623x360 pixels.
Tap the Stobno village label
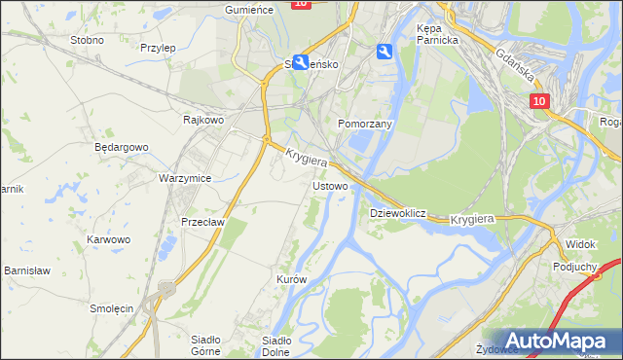(x=87, y=41)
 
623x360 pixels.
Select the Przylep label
(x=157, y=47)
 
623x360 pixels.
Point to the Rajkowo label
(x=203, y=120)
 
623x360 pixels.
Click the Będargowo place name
(x=121, y=147)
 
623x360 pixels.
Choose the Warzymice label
(x=185, y=178)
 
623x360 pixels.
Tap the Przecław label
(x=202, y=221)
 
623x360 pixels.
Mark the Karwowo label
(x=108, y=238)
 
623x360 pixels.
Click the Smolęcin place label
(x=111, y=307)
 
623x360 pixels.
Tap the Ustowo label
(x=329, y=185)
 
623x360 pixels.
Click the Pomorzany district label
(x=364, y=125)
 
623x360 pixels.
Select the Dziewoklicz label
(x=398, y=212)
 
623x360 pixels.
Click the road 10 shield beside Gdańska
(x=541, y=100)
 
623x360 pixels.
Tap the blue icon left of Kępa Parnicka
(x=385, y=54)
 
